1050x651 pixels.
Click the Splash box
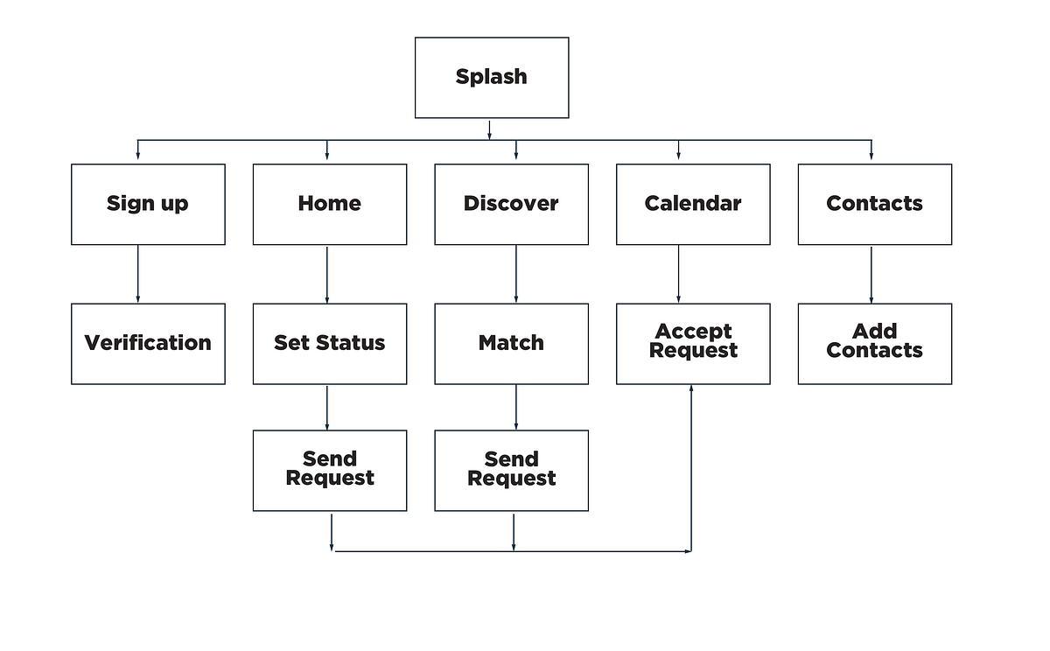(492, 77)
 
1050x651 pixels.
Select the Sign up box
(148, 204)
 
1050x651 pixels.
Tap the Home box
(330, 204)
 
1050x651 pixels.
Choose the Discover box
(511, 204)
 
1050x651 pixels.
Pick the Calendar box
(693, 204)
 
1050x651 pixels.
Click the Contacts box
(874, 204)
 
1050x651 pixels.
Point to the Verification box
(148, 343)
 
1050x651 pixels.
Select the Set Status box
(330, 343)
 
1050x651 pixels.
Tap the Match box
(511, 343)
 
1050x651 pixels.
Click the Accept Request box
(693, 343)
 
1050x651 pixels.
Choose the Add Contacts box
(874, 343)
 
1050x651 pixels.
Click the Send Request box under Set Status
(330, 470)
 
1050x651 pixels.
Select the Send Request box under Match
(511, 470)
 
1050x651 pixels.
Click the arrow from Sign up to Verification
(137, 274)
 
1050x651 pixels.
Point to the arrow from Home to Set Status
(327, 274)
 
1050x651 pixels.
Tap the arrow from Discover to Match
(515, 274)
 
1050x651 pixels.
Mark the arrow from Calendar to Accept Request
(678, 274)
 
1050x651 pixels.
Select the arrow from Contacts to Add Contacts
(871, 274)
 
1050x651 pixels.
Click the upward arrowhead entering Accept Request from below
(691, 389)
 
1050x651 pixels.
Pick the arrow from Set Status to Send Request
(327, 407)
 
